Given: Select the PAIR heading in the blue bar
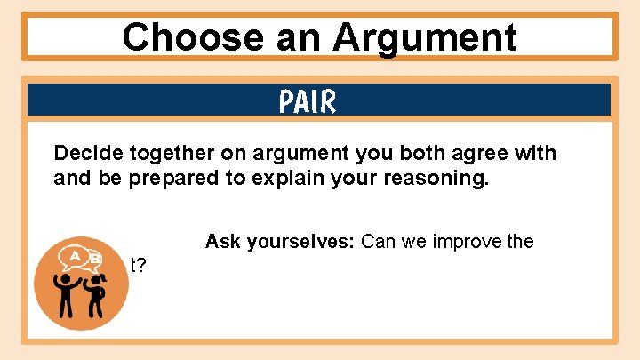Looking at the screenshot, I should click(308, 102).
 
